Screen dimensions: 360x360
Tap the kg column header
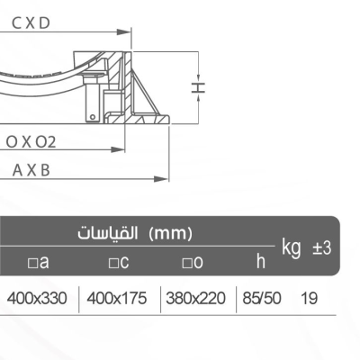pyautogui.click(x=292, y=247)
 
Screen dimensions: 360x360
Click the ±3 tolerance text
pyautogui.click(x=321, y=247)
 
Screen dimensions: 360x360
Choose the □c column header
pyautogui.click(x=119, y=262)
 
